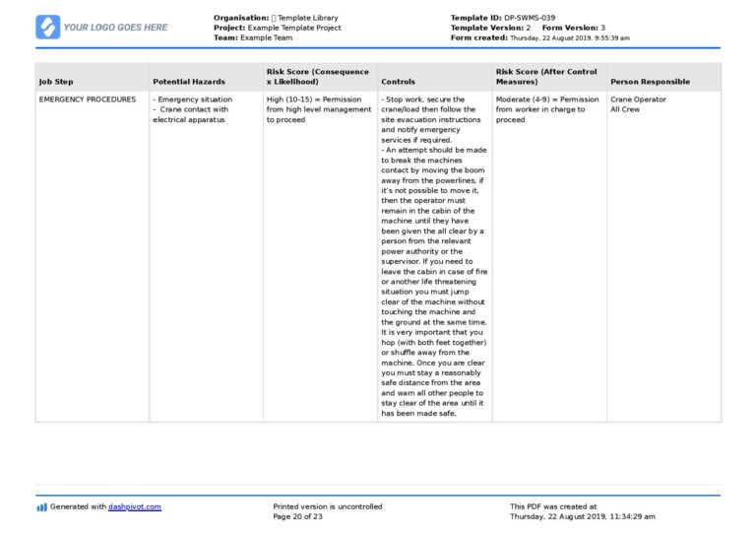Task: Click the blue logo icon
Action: (47, 27)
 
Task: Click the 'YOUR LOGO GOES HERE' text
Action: (115, 28)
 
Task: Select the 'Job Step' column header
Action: (56, 82)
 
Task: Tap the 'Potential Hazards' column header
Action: (189, 82)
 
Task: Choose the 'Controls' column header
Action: (398, 82)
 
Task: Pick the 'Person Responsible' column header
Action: (650, 82)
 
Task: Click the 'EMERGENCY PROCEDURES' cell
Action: (88, 100)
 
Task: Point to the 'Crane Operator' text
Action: (638, 100)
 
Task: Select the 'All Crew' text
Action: (625, 109)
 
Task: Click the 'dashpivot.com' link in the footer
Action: (135, 506)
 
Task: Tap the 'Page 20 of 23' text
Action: (298, 516)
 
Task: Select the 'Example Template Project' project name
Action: (294, 28)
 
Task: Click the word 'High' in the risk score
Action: (276, 100)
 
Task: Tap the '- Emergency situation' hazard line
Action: (193, 100)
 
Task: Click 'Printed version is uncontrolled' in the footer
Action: (328, 506)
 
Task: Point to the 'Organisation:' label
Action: (241, 18)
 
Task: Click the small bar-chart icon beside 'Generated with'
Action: (41, 507)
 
